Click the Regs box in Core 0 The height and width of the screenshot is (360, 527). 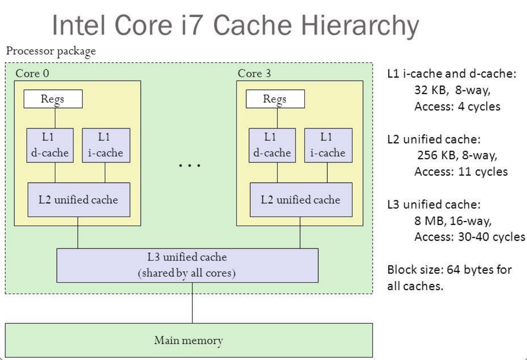[x=53, y=99]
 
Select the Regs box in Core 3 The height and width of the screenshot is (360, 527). [x=275, y=99]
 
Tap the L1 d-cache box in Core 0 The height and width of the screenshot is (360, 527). [x=50, y=145]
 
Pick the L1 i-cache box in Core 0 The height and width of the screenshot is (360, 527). [x=105, y=145]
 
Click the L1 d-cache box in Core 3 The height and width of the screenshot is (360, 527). [x=272, y=145]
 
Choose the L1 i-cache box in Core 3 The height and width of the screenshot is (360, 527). [x=327, y=145]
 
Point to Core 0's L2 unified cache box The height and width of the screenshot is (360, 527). [x=79, y=199]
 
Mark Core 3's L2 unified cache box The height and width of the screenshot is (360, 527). [x=300, y=199]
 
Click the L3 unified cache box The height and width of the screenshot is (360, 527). [x=187, y=265]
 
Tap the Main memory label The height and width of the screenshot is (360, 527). [x=189, y=340]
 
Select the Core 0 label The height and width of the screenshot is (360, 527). [x=33, y=74]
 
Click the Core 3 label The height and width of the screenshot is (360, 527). [x=254, y=74]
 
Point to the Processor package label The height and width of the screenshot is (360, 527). [x=50, y=51]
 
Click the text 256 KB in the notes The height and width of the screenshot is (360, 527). [x=435, y=156]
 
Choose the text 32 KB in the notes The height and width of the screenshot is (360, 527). [x=431, y=90]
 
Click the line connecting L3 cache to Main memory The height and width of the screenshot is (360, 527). [x=192, y=303]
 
